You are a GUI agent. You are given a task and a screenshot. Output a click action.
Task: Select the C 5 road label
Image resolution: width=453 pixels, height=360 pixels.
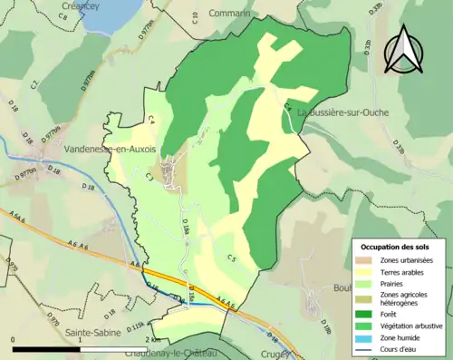pos(231,259)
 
